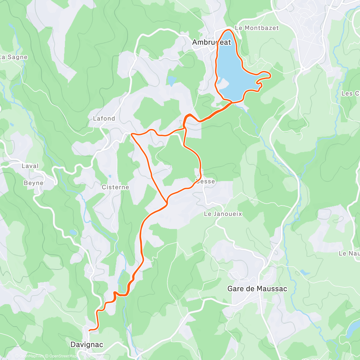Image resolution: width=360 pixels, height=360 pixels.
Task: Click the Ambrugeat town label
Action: [x=211, y=42]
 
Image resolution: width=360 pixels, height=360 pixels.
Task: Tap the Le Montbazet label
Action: [x=256, y=28]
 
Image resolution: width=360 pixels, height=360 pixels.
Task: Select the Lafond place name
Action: [x=104, y=118]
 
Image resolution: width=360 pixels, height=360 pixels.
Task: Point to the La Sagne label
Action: [x=14, y=57]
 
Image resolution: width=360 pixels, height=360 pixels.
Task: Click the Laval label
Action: [x=30, y=166]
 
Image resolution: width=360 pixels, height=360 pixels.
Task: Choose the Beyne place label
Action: [x=33, y=183]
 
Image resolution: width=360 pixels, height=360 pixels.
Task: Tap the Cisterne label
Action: [x=115, y=187]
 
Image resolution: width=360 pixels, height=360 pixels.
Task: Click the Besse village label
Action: [x=205, y=181]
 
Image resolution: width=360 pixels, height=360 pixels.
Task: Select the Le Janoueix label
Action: [x=223, y=214]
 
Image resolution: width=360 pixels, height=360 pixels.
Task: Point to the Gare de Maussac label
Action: [x=257, y=289]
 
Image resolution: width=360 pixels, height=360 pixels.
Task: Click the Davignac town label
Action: [x=87, y=344]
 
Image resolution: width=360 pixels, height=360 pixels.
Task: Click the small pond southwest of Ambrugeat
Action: [x=172, y=80]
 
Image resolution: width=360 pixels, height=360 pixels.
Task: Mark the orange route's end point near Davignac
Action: [x=89, y=330]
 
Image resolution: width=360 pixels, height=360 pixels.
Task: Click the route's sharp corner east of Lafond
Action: [x=131, y=134]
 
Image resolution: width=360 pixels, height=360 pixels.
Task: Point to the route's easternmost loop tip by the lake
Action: [x=270, y=75]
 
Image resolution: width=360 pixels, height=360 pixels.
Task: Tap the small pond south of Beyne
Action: [x=73, y=232]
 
